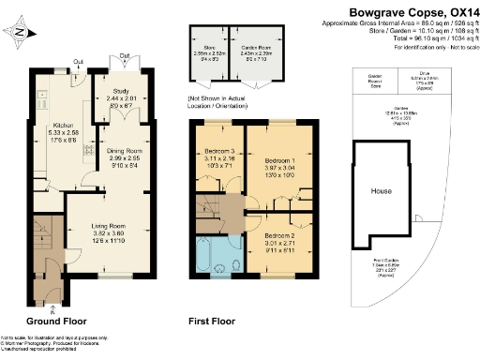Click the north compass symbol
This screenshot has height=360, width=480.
tap(21, 33)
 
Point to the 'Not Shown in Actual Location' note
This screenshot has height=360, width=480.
tap(218, 99)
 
